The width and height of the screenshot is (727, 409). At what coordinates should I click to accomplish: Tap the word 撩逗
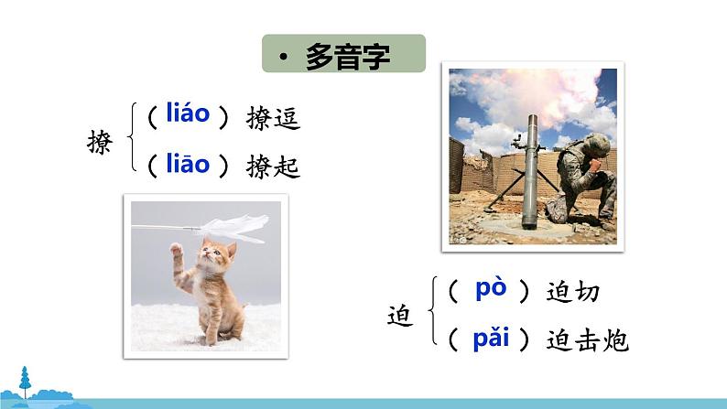(x=273, y=119)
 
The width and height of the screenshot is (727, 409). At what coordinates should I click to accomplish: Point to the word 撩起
(x=273, y=167)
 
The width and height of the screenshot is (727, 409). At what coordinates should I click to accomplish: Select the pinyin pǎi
(x=491, y=339)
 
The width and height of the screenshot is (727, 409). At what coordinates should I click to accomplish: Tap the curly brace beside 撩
(x=134, y=142)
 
